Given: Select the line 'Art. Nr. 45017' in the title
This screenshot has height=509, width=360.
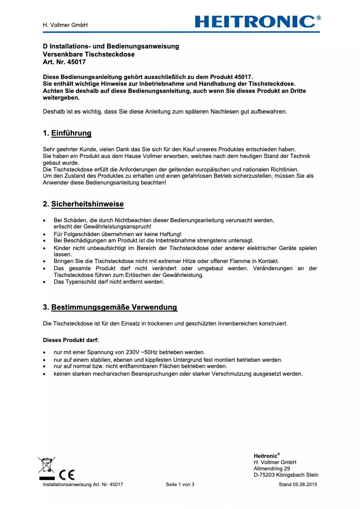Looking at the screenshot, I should click(64, 62).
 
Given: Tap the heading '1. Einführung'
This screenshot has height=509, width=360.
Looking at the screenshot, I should click(67, 133).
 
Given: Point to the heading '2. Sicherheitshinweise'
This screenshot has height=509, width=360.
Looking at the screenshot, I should click(83, 204).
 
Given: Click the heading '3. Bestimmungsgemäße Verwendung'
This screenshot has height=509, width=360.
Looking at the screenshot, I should click(110, 307).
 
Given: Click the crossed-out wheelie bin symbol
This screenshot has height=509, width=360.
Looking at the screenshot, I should click(46, 465).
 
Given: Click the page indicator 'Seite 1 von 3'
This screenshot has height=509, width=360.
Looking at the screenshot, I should click(180, 485).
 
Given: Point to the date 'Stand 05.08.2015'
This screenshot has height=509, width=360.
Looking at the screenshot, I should click(298, 485).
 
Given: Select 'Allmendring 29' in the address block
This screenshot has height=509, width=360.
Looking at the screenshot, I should click(272, 469).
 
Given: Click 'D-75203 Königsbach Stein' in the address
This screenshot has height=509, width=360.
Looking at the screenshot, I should click(286, 475).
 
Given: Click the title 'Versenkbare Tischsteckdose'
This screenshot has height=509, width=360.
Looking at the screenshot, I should click(88, 54).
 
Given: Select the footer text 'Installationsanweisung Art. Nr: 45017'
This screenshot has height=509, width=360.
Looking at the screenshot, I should click(83, 485).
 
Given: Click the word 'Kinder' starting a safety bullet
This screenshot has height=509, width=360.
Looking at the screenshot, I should click(61, 248).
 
